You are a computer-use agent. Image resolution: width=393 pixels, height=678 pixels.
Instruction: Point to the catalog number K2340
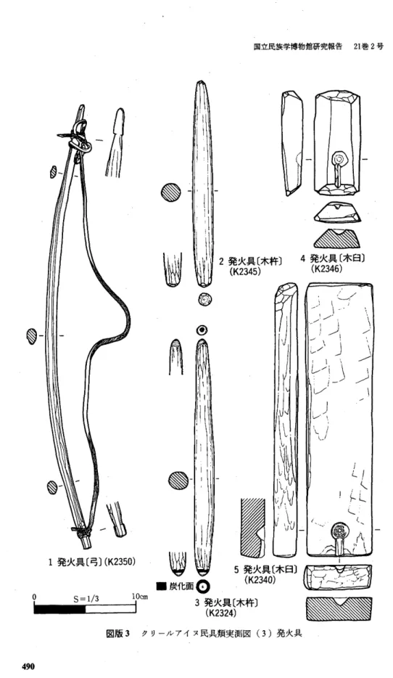click(260, 580)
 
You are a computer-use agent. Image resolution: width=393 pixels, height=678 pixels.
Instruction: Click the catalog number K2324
click(223, 612)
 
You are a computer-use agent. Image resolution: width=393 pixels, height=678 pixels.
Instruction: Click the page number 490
click(28, 666)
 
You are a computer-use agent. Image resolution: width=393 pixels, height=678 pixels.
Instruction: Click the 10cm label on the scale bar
click(140, 596)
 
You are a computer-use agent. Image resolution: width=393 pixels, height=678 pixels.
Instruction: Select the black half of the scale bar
click(60, 609)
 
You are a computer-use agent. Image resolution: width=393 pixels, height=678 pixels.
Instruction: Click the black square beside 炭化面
click(162, 587)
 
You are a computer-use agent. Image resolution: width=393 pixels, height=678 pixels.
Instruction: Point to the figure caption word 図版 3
click(118, 634)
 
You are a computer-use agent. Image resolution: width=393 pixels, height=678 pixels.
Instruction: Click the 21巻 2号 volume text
click(368, 46)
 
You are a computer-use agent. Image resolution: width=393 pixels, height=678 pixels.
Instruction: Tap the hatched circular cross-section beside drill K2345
click(170, 192)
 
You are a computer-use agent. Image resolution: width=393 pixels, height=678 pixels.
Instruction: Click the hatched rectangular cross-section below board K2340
click(339, 609)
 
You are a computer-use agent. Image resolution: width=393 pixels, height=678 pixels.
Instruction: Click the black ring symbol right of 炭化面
click(202, 587)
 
